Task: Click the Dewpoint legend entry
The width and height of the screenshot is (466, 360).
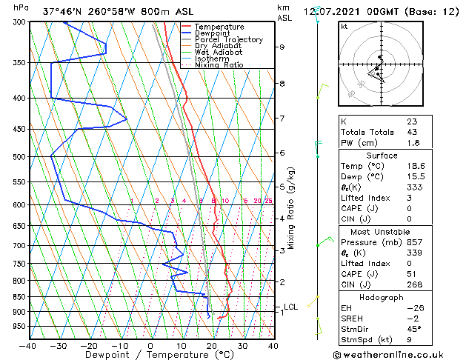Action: [x=211, y=33]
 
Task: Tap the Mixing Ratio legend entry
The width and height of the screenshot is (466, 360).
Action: [x=219, y=65]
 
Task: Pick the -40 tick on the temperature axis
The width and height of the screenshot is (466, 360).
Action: [x=28, y=345]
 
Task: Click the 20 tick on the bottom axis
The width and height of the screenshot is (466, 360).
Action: [x=212, y=345]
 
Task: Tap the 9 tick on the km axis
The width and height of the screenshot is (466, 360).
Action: [x=282, y=47]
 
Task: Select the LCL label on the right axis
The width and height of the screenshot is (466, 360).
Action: [x=291, y=307]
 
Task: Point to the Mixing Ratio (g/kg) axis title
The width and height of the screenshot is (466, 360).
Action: [x=291, y=208]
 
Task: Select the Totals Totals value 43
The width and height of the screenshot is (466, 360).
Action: [x=412, y=132]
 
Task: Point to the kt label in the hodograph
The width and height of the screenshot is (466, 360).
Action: [x=344, y=26]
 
